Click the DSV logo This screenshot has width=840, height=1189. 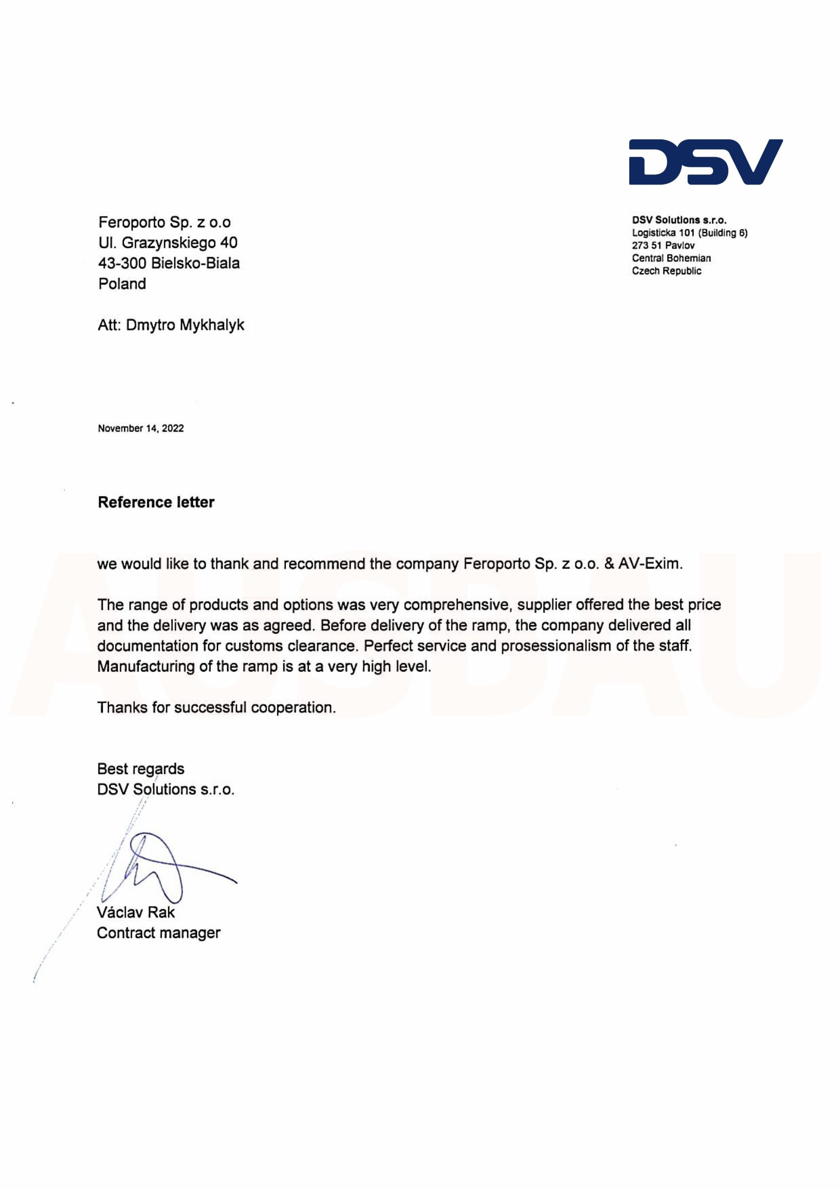coord(705,162)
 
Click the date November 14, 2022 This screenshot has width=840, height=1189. coord(140,428)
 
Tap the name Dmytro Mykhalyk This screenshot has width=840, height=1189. coord(185,325)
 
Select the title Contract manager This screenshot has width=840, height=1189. coord(158,933)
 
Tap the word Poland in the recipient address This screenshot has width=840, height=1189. coord(122,284)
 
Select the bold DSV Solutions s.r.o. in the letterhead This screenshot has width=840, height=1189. coord(679,220)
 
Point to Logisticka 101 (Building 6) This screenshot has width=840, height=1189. coord(689,233)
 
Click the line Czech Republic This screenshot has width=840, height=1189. coord(666,271)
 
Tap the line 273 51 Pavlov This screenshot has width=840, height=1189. coord(663,246)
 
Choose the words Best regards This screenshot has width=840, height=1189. coord(140,769)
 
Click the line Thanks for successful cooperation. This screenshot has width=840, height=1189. coord(216,707)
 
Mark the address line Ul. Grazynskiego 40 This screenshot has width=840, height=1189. coord(168,242)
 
